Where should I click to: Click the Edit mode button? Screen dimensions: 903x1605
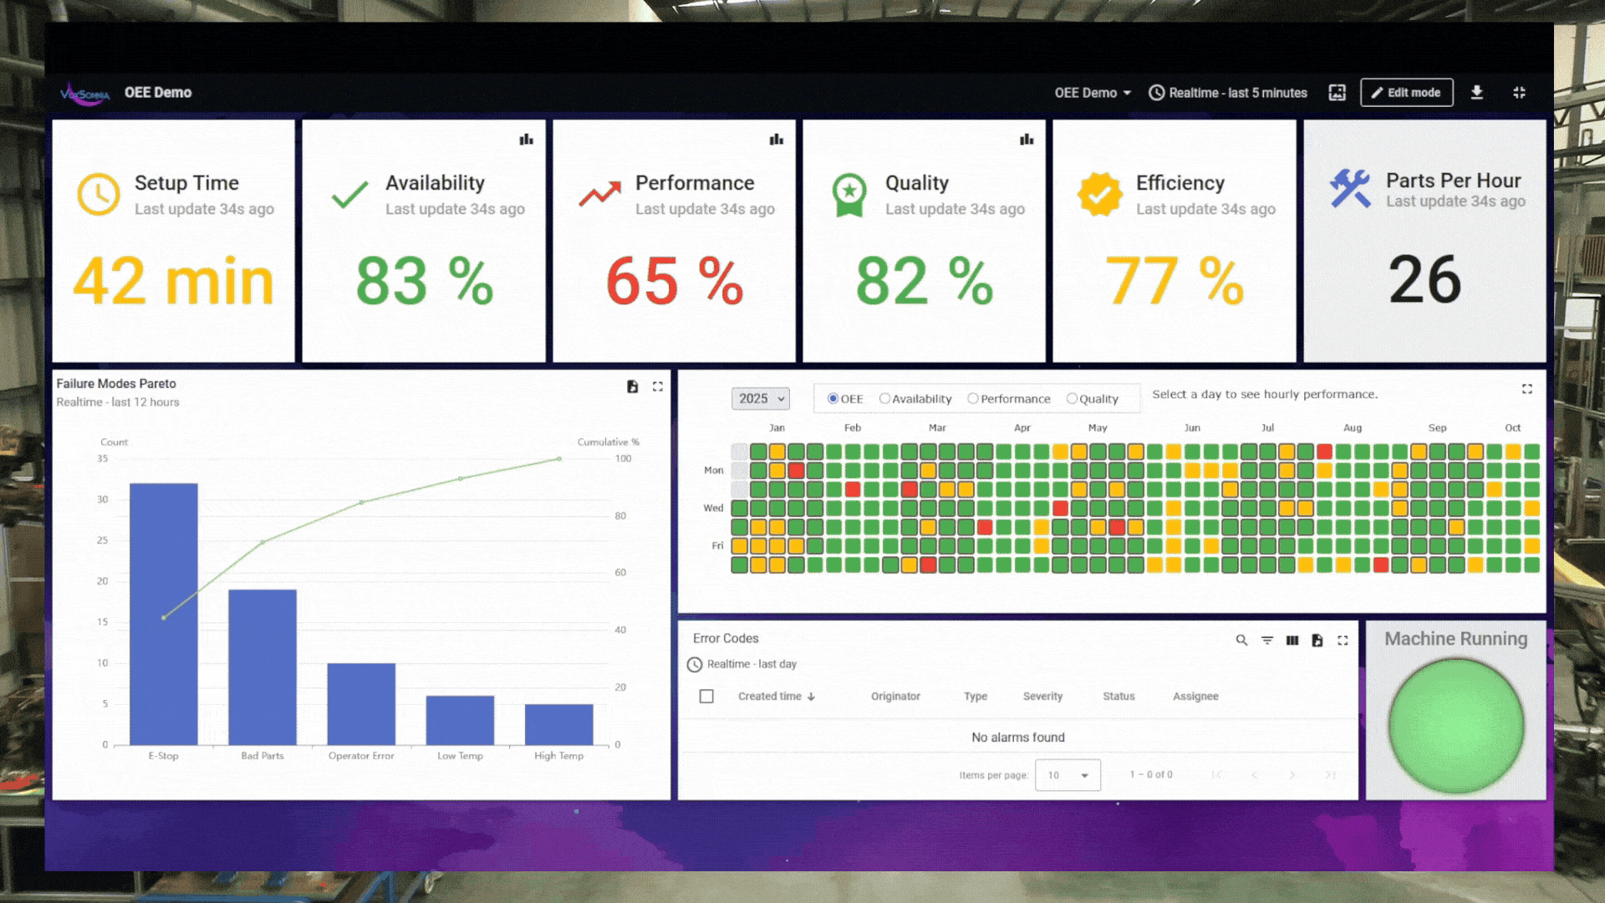coord(1406,93)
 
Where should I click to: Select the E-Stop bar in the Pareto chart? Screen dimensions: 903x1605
coord(164,614)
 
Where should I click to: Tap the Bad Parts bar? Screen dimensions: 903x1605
coord(262,666)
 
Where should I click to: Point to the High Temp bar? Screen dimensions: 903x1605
coord(558,724)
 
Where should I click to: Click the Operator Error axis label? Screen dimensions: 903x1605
coord(361,756)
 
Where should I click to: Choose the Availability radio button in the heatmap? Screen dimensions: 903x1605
coord(884,399)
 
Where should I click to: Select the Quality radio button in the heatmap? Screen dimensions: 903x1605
coord(1072,399)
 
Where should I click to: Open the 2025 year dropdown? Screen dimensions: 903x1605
coord(760,399)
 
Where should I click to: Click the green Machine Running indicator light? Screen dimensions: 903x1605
coord(1455,725)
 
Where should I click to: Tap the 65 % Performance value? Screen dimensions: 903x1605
coord(674,281)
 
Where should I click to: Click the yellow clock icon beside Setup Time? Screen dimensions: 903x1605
coord(99,195)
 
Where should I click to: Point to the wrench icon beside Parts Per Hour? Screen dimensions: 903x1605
coord(1350,188)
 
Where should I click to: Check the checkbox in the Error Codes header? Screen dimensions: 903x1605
coord(706,696)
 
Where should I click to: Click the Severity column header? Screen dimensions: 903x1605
coord(1042,696)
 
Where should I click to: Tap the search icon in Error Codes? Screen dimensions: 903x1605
coord(1241,640)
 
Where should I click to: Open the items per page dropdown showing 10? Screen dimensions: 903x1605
coord(1067,775)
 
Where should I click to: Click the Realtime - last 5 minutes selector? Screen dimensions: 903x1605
coord(1228,93)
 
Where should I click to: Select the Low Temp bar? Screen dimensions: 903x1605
coord(460,720)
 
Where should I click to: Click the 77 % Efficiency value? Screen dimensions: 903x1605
coord(1174,281)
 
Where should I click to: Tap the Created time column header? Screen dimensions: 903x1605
coord(770,696)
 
